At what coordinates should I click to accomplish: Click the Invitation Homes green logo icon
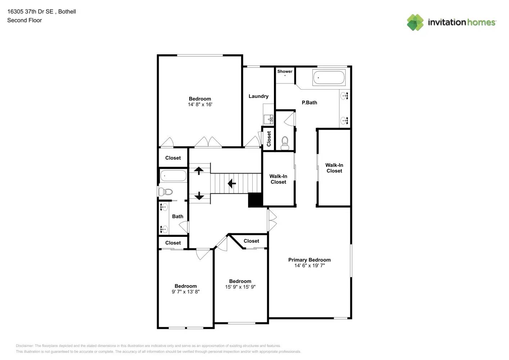click(x=415, y=22)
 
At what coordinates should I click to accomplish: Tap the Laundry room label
click(x=258, y=96)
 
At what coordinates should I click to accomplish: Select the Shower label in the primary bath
click(x=285, y=71)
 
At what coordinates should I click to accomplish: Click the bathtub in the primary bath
click(x=329, y=78)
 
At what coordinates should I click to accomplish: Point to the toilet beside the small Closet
click(x=285, y=142)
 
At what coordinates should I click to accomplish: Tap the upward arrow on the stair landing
click(x=199, y=170)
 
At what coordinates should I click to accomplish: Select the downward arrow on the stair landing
click(x=199, y=196)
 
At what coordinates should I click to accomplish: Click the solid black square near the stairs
click(x=255, y=200)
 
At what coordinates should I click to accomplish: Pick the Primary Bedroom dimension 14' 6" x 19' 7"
click(x=309, y=266)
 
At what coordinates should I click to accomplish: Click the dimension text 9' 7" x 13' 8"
click(x=185, y=292)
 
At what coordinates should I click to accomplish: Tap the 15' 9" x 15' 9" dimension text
click(x=240, y=287)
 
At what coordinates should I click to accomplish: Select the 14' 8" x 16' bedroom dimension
click(x=200, y=104)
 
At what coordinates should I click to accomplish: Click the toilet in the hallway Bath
click(x=166, y=192)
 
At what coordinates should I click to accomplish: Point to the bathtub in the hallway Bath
click(x=173, y=176)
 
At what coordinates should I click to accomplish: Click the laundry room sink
click(x=268, y=119)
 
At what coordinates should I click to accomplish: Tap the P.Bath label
click(x=309, y=103)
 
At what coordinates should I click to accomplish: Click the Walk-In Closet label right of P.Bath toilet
click(x=334, y=168)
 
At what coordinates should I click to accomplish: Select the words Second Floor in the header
click(x=24, y=20)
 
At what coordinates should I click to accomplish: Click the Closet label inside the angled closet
click(x=251, y=241)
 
